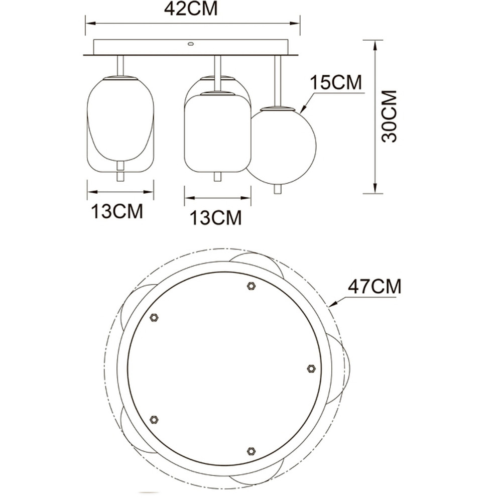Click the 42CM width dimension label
click(x=191, y=9)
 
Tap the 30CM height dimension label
click(x=390, y=116)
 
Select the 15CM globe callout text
click(x=336, y=82)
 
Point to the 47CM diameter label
click(x=374, y=287)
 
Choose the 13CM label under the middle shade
click(x=216, y=218)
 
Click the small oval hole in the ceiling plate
click(x=191, y=44)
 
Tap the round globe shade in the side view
click(x=281, y=146)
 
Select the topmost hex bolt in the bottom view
click(x=252, y=286)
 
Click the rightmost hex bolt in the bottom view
click(x=311, y=368)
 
